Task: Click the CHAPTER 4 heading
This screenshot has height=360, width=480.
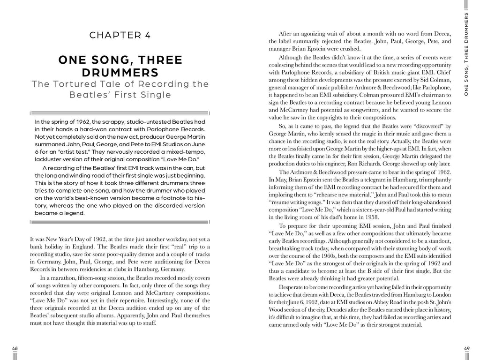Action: click(x=120, y=35)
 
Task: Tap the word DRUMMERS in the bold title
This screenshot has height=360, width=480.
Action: click(x=120, y=73)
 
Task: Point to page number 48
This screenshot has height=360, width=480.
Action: click(x=15, y=348)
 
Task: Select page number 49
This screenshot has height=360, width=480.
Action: click(x=466, y=348)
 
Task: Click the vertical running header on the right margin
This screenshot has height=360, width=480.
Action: click(x=466, y=54)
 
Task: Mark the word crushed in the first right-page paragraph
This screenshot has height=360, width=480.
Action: click(x=349, y=49)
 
